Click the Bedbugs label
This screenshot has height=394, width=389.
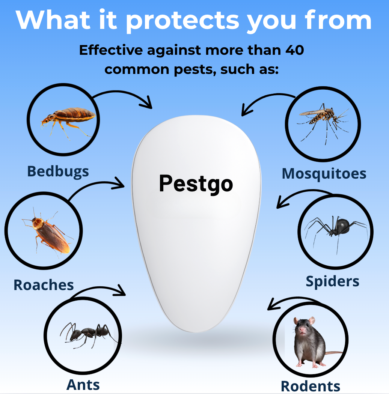pos(58,171)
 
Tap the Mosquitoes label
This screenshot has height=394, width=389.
pos(324,173)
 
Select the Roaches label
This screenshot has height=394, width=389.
pos(44,285)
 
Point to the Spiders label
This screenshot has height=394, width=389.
pos(332,281)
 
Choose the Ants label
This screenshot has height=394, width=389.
pos(83,385)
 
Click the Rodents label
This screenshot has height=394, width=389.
pos(310,386)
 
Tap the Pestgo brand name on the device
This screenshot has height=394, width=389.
pos(196,184)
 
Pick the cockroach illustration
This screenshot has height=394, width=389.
pos(48,234)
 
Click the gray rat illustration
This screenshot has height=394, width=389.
pos(308,341)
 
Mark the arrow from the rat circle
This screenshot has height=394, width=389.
pos(289,301)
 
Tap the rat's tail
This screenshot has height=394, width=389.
pos(333,353)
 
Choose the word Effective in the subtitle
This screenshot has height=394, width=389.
pos(111,50)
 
